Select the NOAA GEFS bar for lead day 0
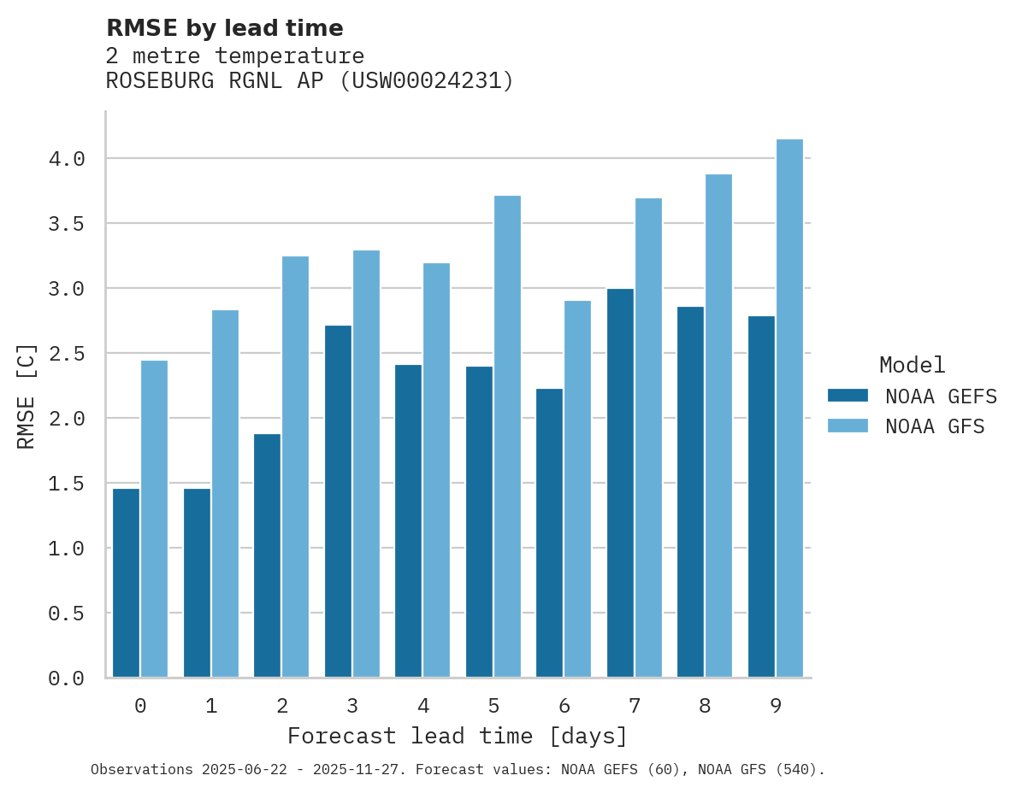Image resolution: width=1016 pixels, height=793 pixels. point(126,583)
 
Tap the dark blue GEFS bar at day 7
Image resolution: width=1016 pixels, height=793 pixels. point(620,483)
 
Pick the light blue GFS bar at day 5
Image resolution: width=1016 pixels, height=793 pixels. point(507,437)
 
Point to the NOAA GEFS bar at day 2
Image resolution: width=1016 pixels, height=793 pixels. point(267,555)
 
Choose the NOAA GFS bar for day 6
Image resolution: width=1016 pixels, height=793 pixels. point(577,489)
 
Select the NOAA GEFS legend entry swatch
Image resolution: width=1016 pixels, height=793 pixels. point(848,396)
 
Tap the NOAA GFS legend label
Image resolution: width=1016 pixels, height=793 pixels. point(935,426)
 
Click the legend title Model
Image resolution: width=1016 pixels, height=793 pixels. point(912,365)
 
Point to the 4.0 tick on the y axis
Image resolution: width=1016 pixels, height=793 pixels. point(66,159)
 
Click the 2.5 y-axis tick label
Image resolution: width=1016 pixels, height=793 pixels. point(66,354)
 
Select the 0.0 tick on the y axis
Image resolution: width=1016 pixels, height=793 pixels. point(66,678)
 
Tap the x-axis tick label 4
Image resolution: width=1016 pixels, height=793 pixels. point(422,706)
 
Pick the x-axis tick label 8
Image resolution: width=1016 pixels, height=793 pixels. point(705,706)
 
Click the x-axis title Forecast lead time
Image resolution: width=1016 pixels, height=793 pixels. point(458,737)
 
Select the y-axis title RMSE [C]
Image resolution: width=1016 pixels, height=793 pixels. point(27,396)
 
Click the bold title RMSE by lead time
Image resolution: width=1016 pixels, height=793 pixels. point(224,28)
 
